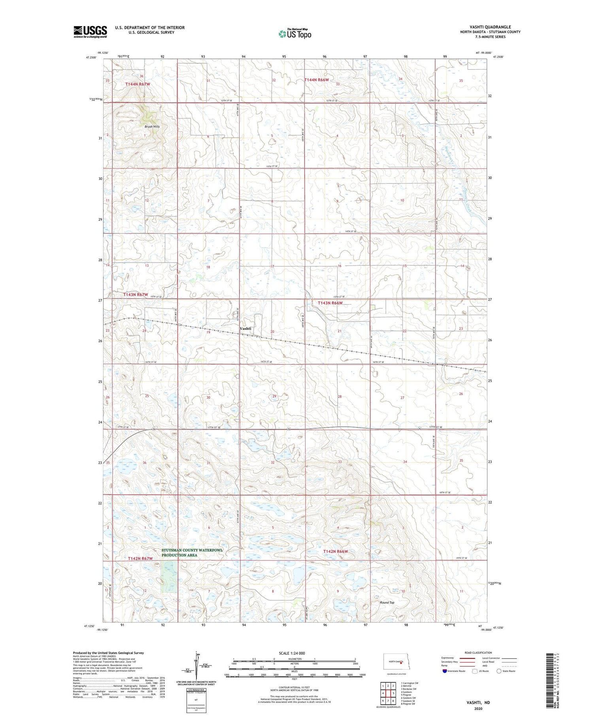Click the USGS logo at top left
point(90,32)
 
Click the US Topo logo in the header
point(295,34)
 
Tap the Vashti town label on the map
point(245,329)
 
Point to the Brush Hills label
point(152,127)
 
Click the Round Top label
point(387,602)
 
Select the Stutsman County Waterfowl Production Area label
point(192,552)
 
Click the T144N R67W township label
point(138,84)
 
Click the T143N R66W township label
point(330,303)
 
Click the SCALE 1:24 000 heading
point(295,653)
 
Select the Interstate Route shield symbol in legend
point(444,671)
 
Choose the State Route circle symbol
point(499,671)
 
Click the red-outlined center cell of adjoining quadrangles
point(388,693)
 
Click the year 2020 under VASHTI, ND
point(478,709)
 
